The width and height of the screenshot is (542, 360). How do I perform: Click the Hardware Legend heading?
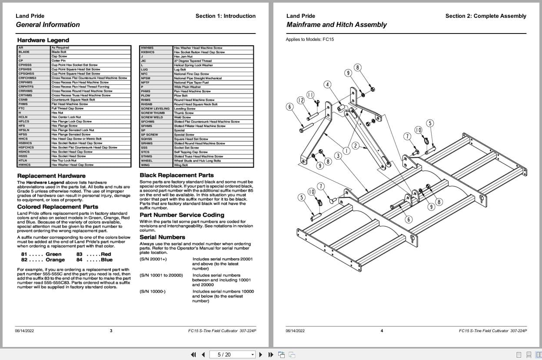(x=37, y=40)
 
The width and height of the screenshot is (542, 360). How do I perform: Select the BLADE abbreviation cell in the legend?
(x=24, y=52)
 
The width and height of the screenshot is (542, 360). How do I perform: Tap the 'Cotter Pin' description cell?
(x=58, y=61)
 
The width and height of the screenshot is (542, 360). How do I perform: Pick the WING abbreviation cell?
(x=145, y=165)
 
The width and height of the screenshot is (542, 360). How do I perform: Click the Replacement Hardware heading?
(x=48, y=176)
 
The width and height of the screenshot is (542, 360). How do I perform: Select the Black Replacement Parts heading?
(x=176, y=175)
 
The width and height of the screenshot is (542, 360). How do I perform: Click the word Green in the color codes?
(x=53, y=254)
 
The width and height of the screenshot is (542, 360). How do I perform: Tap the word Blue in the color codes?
(x=106, y=260)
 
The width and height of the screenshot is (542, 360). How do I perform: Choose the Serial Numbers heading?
(x=162, y=237)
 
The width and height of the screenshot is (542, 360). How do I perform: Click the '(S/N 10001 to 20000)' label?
(x=161, y=275)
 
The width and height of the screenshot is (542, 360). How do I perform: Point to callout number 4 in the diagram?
(x=327, y=85)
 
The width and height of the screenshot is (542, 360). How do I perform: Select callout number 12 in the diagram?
(x=301, y=100)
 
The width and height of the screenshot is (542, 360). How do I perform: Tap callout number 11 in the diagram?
(x=310, y=95)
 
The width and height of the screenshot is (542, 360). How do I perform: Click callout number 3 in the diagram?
(x=338, y=156)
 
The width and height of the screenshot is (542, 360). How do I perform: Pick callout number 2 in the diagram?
(x=356, y=146)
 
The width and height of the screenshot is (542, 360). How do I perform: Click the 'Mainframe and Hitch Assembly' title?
(x=336, y=25)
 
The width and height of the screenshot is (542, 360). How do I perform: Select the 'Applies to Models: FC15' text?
(x=310, y=40)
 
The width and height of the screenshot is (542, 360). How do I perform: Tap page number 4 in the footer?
(x=382, y=331)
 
